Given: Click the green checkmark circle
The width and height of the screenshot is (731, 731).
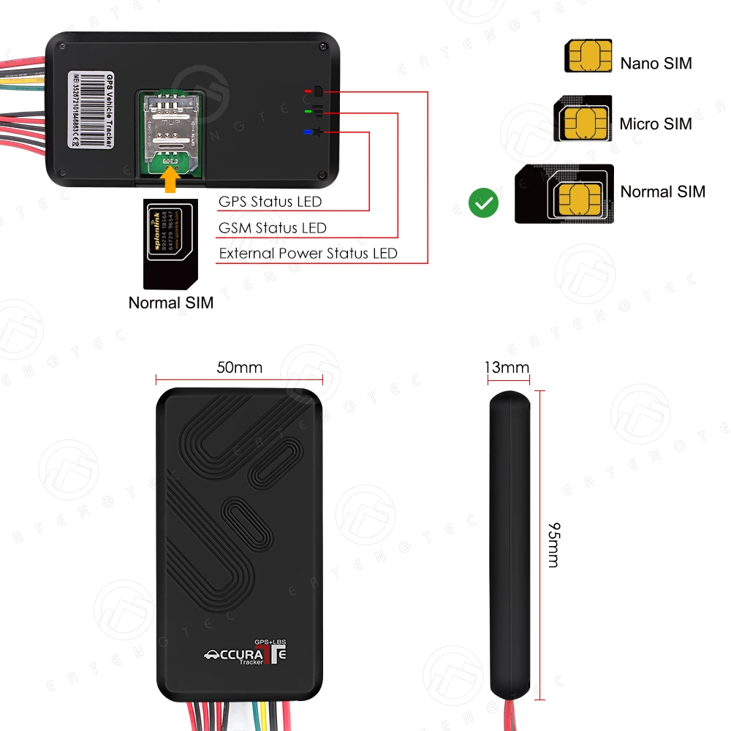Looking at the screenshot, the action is pyautogui.click(x=483, y=203).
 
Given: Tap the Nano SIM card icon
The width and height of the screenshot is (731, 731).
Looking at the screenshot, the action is pyautogui.click(x=588, y=56).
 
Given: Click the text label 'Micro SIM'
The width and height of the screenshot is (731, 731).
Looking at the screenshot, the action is pyautogui.click(x=655, y=124).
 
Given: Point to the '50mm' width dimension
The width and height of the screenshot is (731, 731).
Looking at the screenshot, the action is pyautogui.click(x=239, y=367).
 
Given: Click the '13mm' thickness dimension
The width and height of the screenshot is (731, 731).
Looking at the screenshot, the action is pyautogui.click(x=507, y=367).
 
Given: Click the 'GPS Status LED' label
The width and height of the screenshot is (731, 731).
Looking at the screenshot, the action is pyautogui.click(x=270, y=202).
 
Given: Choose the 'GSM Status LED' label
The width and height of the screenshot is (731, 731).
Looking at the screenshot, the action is pyautogui.click(x=272, y=228).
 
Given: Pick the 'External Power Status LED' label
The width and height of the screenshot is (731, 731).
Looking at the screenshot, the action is pyautogui.click(x=308, y=254).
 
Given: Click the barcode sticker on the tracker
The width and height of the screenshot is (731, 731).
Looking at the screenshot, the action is pyautogui.click(x=91, y=109).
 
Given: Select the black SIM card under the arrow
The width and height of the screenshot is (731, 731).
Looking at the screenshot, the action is pyautogui.click(x=169, y=243).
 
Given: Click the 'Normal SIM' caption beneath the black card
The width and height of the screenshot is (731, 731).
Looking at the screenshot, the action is pyautogui.click(x=171, y=302).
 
